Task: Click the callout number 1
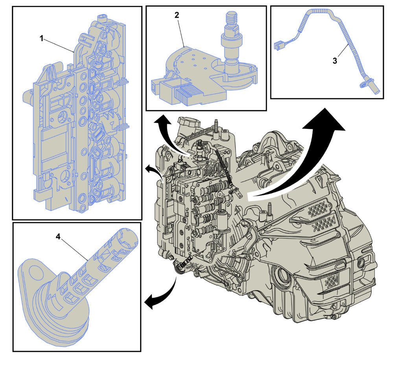[x=41, y=39]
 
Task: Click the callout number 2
[x=177, y=15]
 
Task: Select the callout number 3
[x=335, y=61]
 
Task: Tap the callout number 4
[x=58, y=236]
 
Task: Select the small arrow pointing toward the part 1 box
[x=155, y=171]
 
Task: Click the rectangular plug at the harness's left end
[x=278, y=46]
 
